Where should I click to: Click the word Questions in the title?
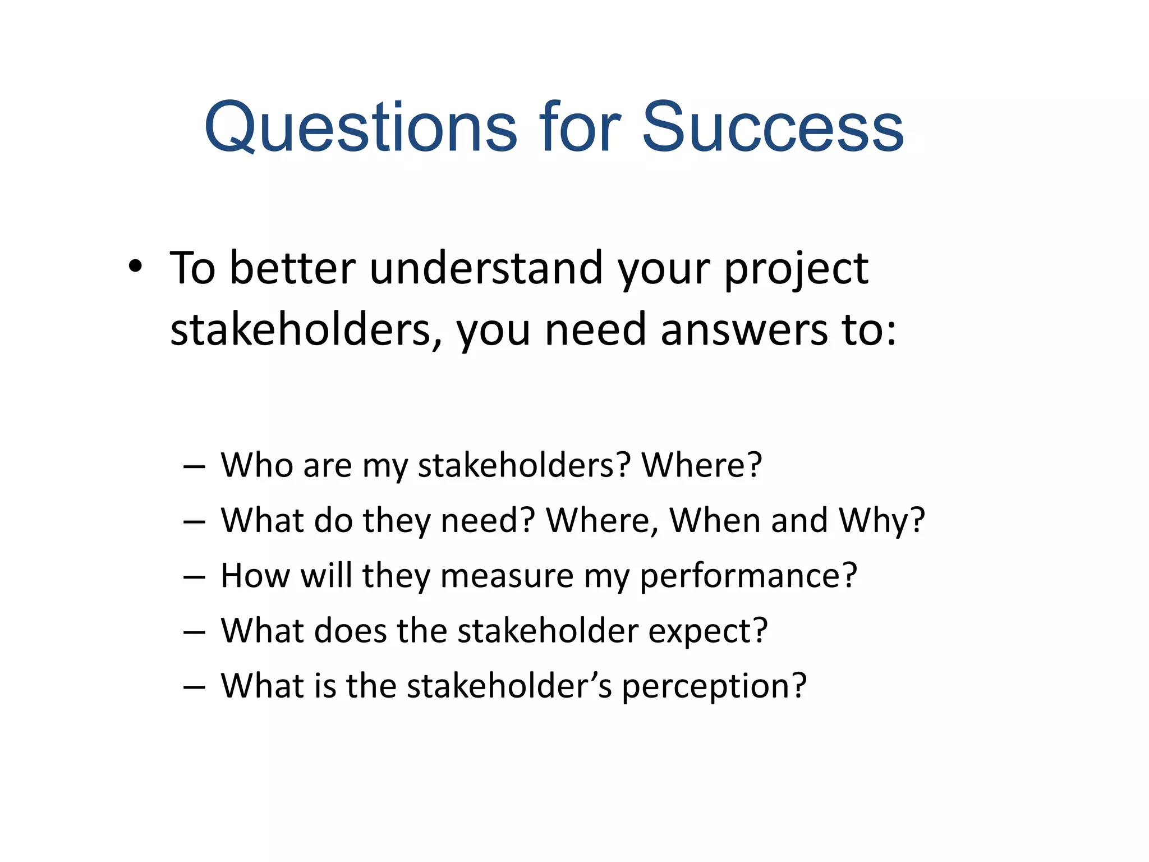(x=360, y=128)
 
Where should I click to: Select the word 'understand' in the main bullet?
(x=486, y=268)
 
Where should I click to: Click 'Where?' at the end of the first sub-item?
(x=701, y=465)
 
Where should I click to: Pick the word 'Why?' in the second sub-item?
(x=881, y=520)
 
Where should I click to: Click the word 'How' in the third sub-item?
(x=255, y=575)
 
